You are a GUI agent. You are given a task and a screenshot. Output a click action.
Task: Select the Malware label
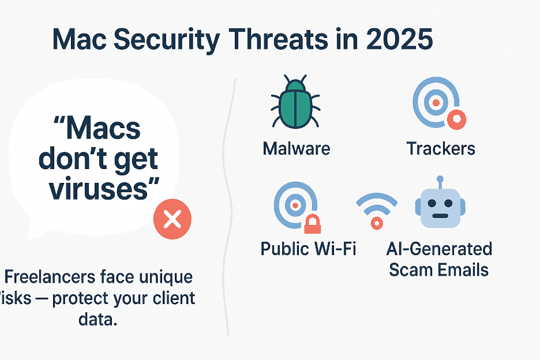pos(297,148)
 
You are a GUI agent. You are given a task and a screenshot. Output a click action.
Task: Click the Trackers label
pos(441,148)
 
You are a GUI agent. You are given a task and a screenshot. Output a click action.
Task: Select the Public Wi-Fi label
pos(309,249)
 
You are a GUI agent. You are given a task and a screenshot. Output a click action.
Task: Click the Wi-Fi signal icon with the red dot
pos(377,210)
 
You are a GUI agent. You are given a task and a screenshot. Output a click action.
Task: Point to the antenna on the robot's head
pos(440,181)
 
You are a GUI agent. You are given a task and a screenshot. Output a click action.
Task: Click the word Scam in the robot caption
pos(413,269)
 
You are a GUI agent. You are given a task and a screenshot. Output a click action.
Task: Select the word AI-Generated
pos(439,249)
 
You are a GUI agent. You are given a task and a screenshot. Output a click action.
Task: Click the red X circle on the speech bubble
pos(172,220)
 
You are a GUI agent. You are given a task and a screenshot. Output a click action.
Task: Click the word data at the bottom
pos(97,319)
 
